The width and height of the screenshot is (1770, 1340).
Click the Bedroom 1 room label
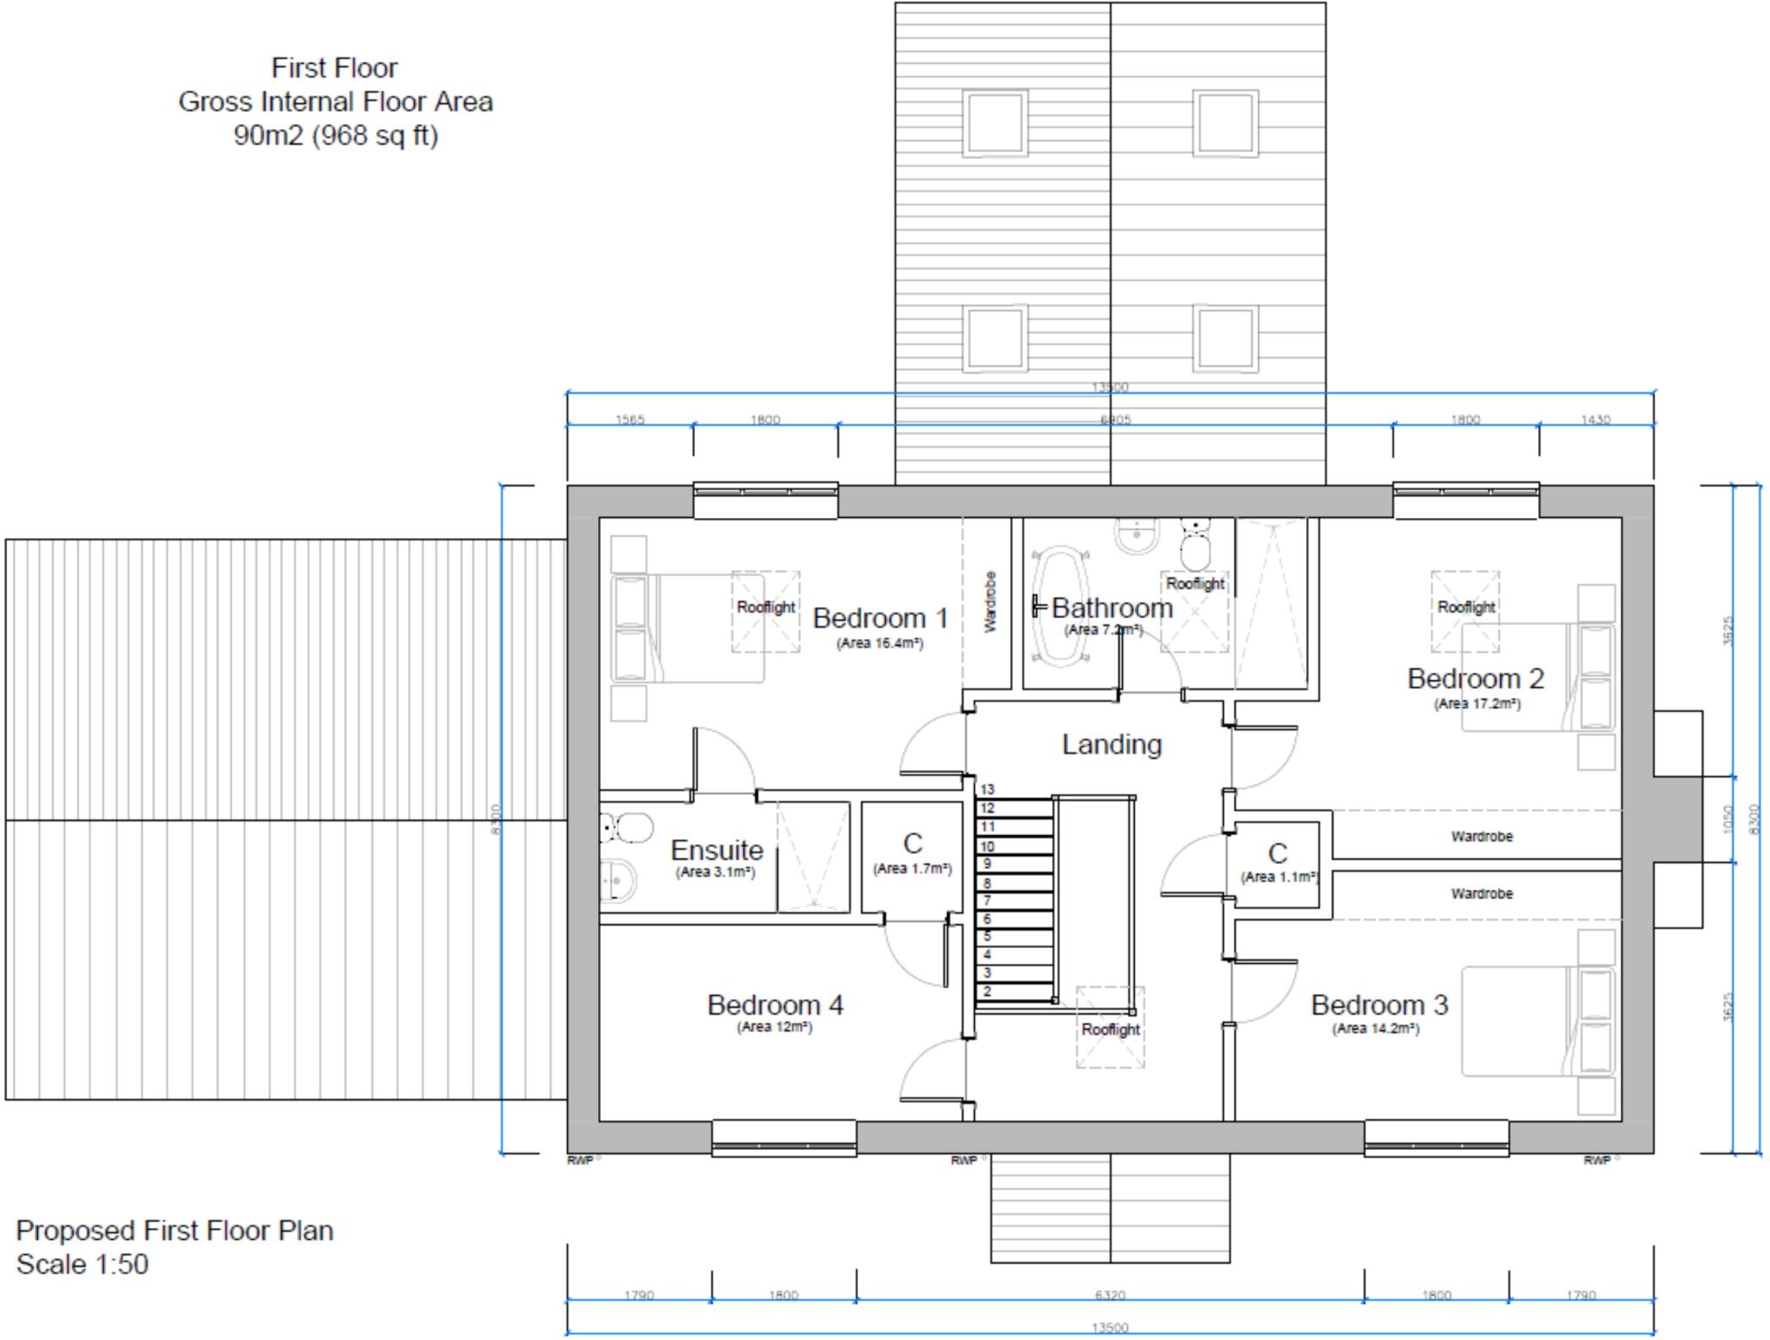point(880,618)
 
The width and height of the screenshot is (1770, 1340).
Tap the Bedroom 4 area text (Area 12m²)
point(774,1027)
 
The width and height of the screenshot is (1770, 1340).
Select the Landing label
point(1111,744)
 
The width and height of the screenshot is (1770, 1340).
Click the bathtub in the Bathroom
point(1060,605)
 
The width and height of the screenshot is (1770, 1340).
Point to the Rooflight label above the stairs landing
point(1111,1030)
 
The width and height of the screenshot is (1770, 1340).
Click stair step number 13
point(987,789)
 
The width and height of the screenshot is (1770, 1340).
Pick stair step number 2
point(987,992)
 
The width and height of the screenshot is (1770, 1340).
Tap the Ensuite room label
point(716,850)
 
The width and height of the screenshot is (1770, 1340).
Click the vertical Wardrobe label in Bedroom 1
point(990,602)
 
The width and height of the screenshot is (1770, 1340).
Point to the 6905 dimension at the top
point(1115,419)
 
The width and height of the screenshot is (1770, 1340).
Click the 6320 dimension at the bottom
point(1110,1295)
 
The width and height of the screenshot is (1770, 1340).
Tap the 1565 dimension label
point(630,419)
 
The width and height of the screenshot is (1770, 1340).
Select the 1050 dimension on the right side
point(1728,819)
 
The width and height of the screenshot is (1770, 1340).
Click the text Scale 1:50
point(82,1264)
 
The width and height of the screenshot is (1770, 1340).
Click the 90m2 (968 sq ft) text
point(335,136)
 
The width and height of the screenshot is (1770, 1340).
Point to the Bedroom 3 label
point(1378,1005)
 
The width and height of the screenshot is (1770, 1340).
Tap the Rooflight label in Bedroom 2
point(1466,607)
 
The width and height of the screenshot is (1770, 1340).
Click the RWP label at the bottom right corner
point(1596,1160)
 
